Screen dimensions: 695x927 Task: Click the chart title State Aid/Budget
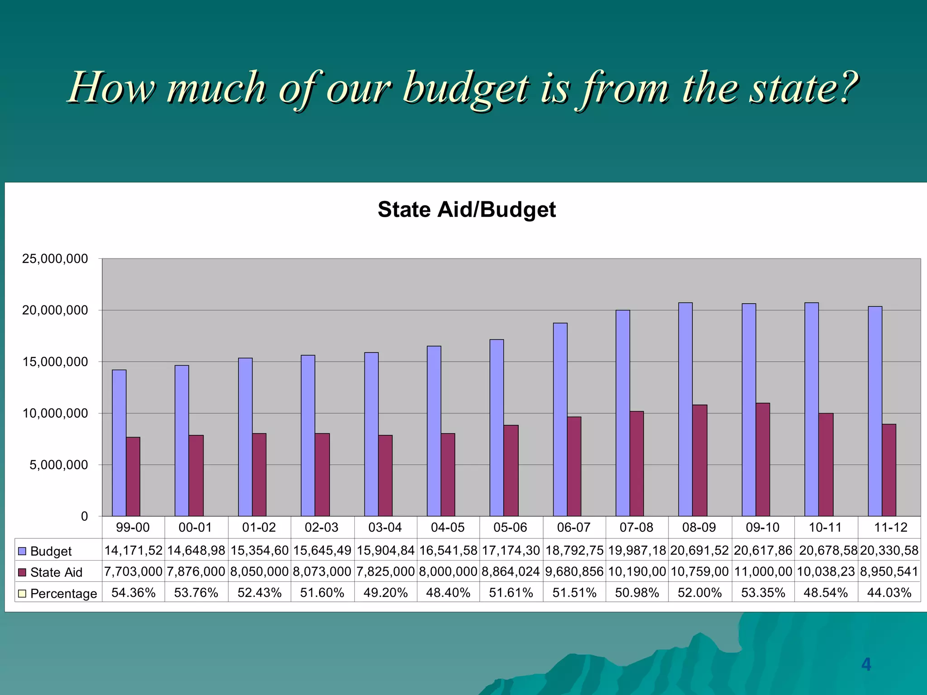[467, 210]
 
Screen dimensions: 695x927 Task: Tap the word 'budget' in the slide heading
[465, 89]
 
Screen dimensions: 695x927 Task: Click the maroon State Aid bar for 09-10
[763, 459]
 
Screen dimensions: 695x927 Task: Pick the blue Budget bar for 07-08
[623, 413]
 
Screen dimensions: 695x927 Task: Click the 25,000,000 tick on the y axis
[55, 259]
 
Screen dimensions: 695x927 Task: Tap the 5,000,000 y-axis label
[59, 465]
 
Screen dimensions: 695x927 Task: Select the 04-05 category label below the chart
[448, 528]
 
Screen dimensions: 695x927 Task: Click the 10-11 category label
[825, 528]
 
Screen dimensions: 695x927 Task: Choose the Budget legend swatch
[22, 551]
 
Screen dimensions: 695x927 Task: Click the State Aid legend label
[56, 572]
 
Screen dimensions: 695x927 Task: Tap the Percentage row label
[63, 593]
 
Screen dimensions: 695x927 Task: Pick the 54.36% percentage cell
[134, 593]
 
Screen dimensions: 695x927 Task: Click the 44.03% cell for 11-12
[889, 593]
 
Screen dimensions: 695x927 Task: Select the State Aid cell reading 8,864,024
[511, 572]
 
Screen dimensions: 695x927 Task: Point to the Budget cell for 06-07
[574, 551]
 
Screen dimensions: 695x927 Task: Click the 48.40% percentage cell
[448, 593]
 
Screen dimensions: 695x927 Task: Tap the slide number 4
[866, 664]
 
